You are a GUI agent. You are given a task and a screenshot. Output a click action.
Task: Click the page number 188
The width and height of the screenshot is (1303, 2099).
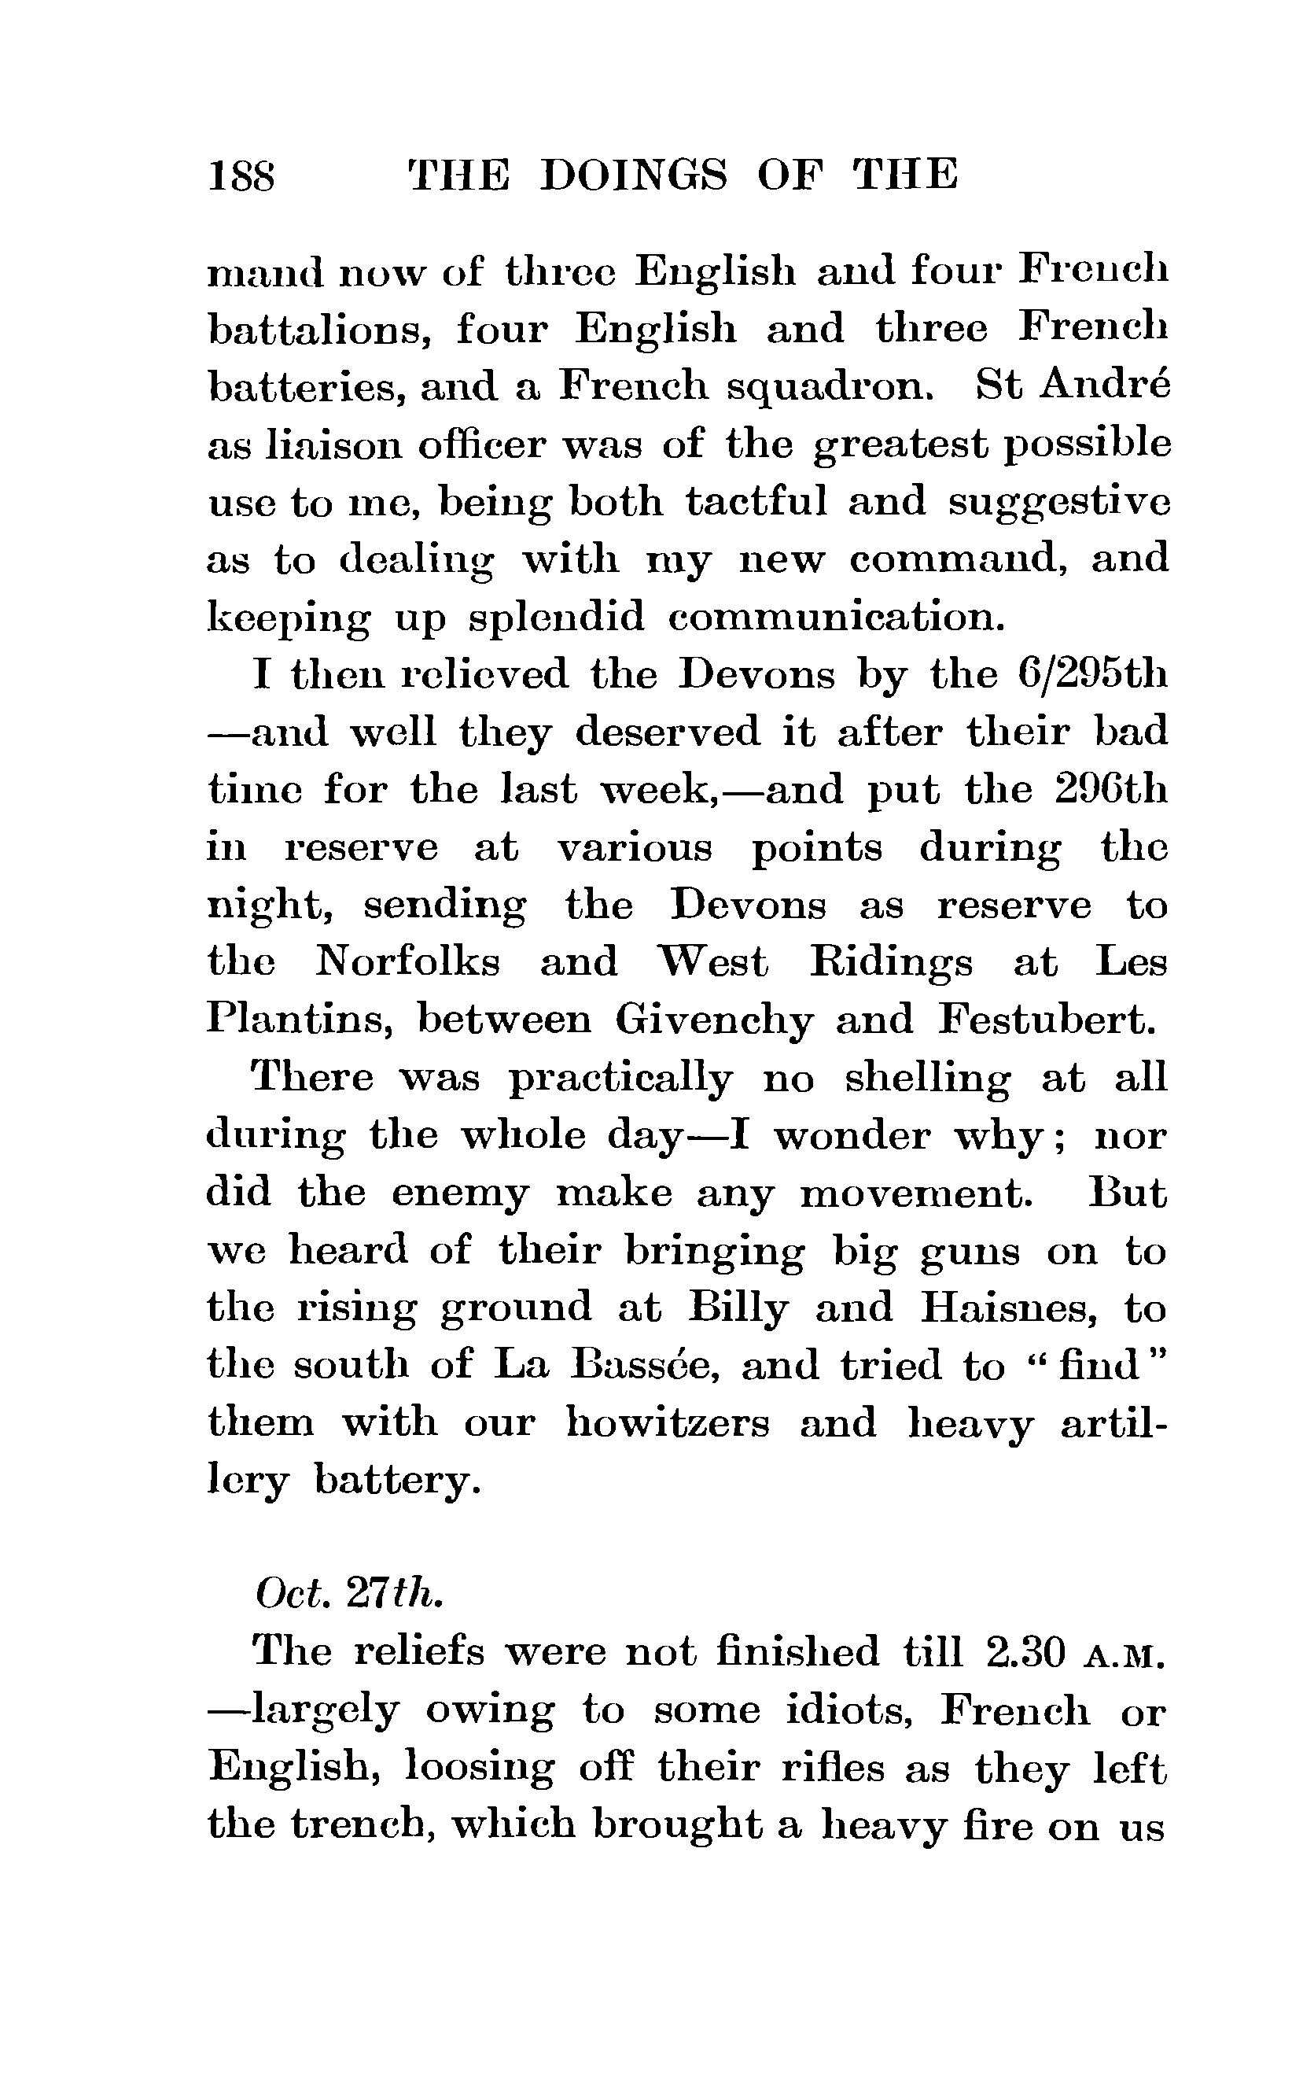pos(242,176)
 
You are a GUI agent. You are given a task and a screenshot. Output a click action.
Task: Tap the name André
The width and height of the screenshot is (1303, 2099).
pos(1105,386)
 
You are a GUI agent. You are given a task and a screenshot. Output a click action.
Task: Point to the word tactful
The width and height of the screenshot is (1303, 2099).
pos(756,502)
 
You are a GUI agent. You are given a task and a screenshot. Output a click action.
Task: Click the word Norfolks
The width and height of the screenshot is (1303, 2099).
pos(407,962)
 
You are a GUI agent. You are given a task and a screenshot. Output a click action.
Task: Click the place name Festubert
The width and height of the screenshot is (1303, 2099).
pos(1044,1020)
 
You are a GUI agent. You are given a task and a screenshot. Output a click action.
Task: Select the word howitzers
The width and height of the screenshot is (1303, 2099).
pos(667,1423)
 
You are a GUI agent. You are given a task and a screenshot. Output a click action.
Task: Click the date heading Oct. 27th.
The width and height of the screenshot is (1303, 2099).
pos(349,1595)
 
